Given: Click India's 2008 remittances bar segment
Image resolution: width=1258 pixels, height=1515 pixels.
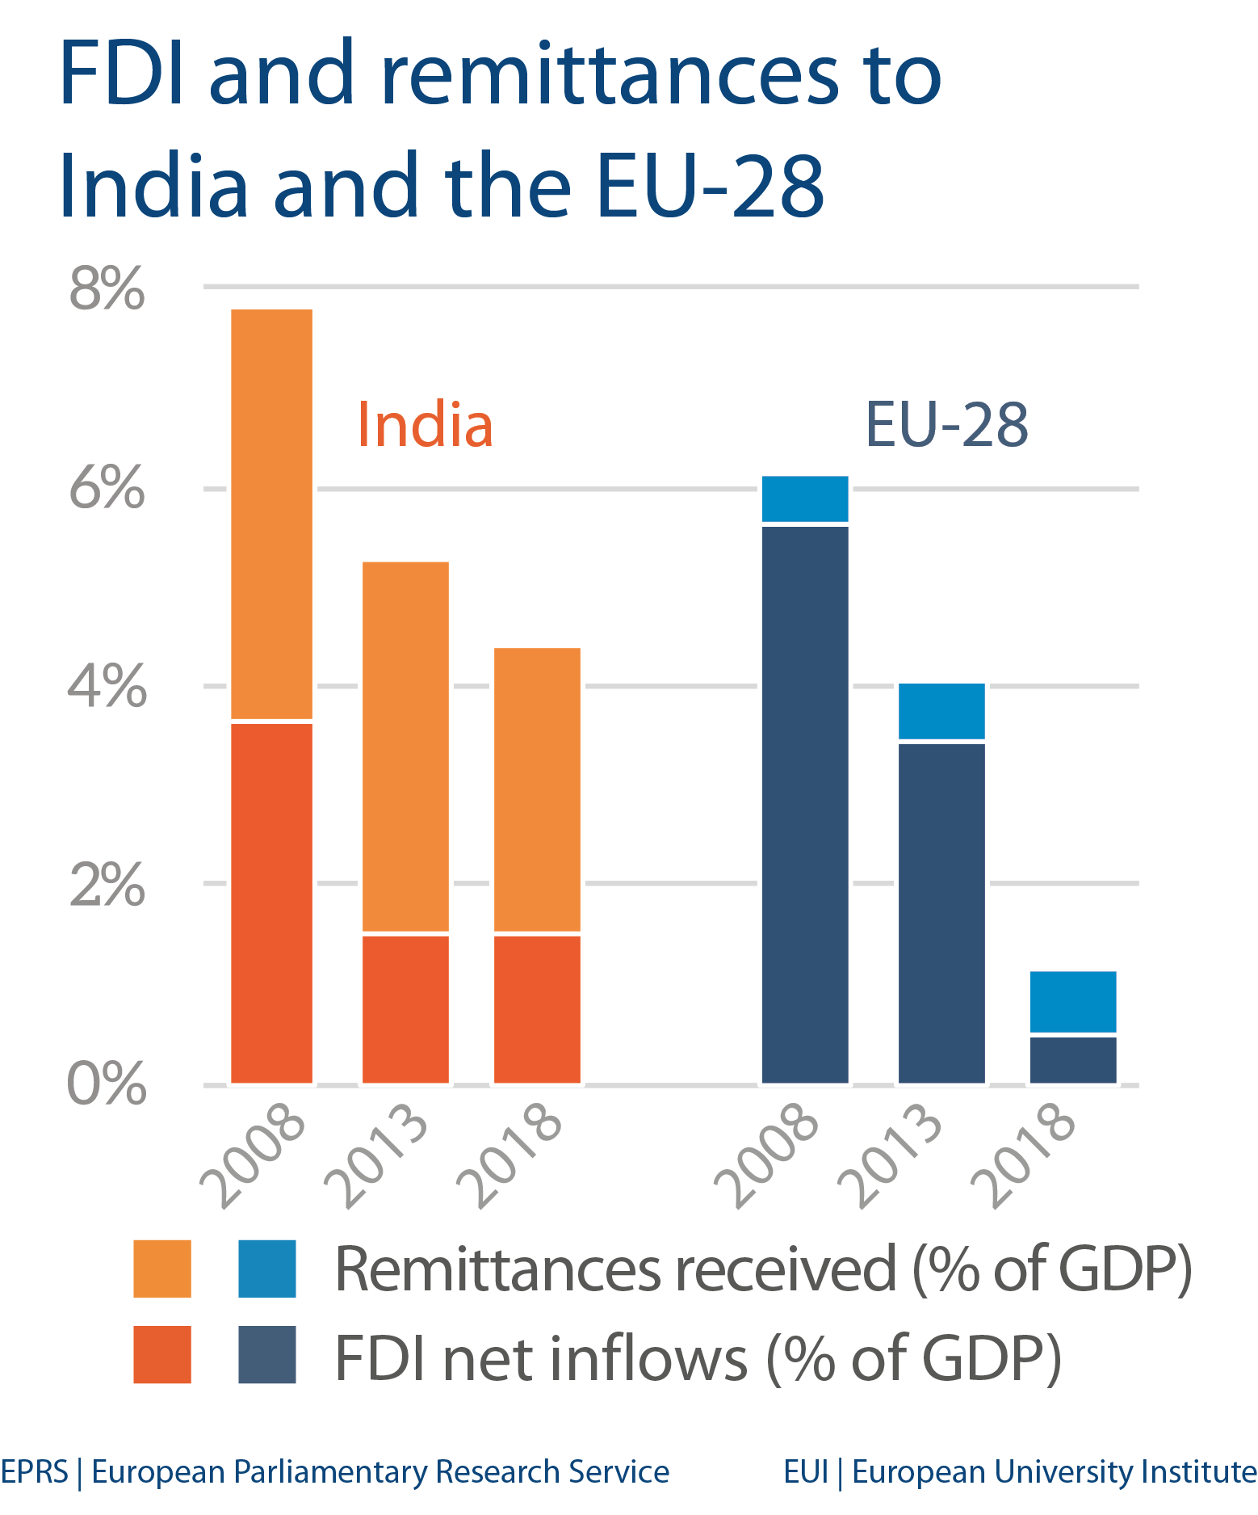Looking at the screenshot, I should pos(271,513).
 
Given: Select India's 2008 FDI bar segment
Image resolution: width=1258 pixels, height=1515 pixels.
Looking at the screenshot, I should pos(271,902).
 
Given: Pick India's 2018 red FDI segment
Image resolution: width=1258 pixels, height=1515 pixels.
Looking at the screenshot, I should pos(537,1008).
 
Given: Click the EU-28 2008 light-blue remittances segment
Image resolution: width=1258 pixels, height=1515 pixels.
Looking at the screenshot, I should pos(805,499).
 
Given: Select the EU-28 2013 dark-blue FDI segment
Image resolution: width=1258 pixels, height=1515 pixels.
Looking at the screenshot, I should pos(941,912).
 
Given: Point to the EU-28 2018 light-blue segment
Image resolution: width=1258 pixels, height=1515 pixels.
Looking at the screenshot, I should pos(1073,1001).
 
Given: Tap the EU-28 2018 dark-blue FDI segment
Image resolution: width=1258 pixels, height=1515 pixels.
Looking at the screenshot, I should pos(1073,1059).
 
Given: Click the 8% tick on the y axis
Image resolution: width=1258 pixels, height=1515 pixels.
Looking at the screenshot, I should pos(107,288).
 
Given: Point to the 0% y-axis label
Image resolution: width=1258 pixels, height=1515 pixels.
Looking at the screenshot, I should pos(107,1084).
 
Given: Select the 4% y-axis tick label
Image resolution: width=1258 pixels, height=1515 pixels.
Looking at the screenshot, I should pos(107,687).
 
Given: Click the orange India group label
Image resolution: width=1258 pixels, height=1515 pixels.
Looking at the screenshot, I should pos(425,425).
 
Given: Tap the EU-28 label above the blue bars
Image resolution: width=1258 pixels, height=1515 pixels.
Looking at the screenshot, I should pos(946,425).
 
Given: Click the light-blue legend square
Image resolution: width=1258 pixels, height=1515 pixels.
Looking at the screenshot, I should pos(267,1269).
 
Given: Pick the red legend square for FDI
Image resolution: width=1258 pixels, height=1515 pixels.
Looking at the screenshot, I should pos(162,1355).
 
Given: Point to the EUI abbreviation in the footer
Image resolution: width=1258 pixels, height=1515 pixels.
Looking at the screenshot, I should pos(806,1472).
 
